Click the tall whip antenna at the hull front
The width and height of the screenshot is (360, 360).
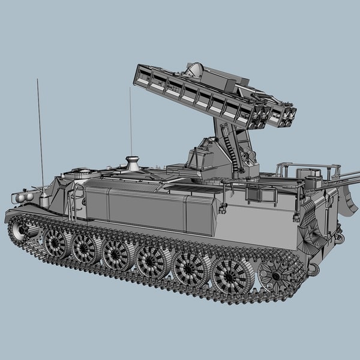[40, 132]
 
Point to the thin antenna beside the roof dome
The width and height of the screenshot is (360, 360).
[131, 120]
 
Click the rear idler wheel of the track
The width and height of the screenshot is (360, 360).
[277, 277]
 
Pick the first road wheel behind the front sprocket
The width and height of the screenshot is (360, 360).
[57, 243]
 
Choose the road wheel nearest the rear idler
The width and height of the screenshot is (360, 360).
[232, 275]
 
